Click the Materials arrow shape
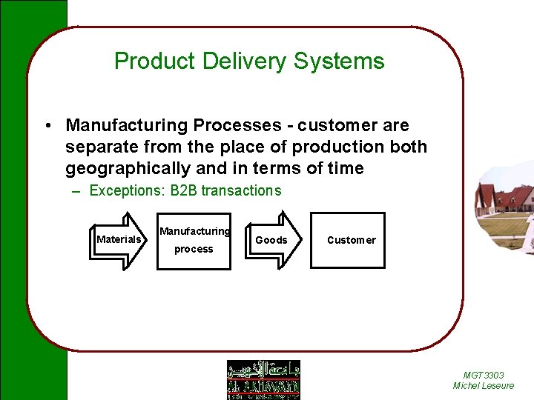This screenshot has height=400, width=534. pos(120,239)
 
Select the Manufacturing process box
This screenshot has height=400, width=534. pos(194,240)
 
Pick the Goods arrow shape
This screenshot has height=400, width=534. pos(272,239)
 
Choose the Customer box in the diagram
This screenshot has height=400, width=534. pos(351,240)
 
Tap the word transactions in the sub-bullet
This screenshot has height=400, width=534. pos(241,191)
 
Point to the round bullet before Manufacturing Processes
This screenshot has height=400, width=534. pos(46,125)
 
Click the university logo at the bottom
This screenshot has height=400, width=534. pos(263,379)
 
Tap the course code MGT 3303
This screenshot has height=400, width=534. pos(484,376)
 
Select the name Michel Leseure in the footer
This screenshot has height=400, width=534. pos(484,386)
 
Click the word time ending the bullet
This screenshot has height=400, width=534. pos(344,168)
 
